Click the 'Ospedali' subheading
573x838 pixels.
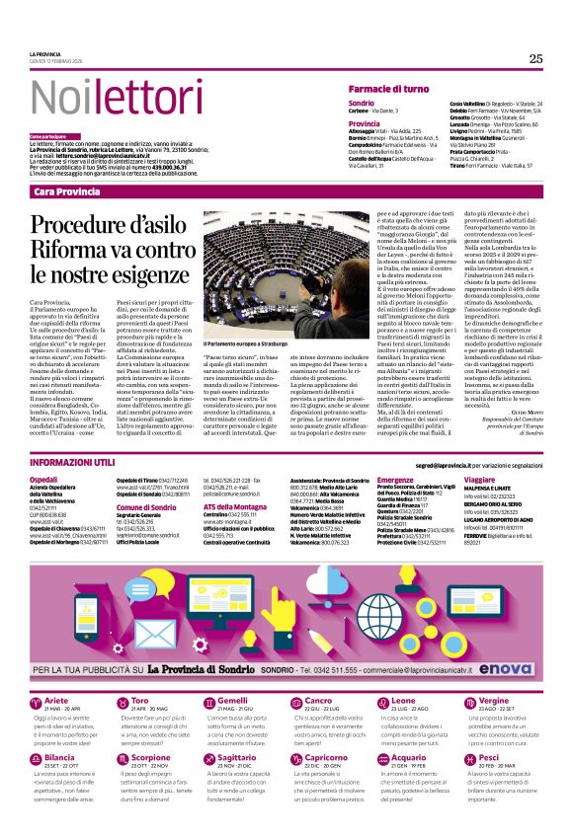43,479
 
